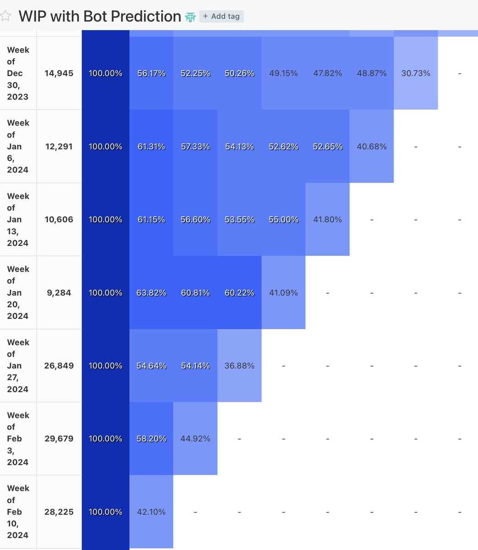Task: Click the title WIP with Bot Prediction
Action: (x=99, y=16)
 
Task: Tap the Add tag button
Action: (x=221, y=16)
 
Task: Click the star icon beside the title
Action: (x=5, y=16)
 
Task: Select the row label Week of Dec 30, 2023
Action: (x=18, y=73)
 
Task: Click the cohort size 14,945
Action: (x=59, y=73)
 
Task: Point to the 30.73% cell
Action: (x=416, y=73)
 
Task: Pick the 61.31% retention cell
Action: (x=151, y=147)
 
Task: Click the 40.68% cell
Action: (x=372, y=147)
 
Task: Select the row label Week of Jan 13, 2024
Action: (x=18, y=220)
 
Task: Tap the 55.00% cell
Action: (x=284, y=220)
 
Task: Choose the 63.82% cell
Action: (x=151, y=293)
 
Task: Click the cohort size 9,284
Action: (x=59, y=293)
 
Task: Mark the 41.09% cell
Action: (x=284, y=293)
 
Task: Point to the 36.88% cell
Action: (x=239, y=366)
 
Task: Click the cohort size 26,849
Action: (x=59, y=366)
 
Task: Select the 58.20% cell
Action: (x=151, y=439)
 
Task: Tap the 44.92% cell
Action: (x=195, y=439)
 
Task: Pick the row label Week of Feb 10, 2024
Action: (x=18, y=512)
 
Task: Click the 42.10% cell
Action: (x=151, y=512)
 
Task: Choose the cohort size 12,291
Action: (x=59, y=147)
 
